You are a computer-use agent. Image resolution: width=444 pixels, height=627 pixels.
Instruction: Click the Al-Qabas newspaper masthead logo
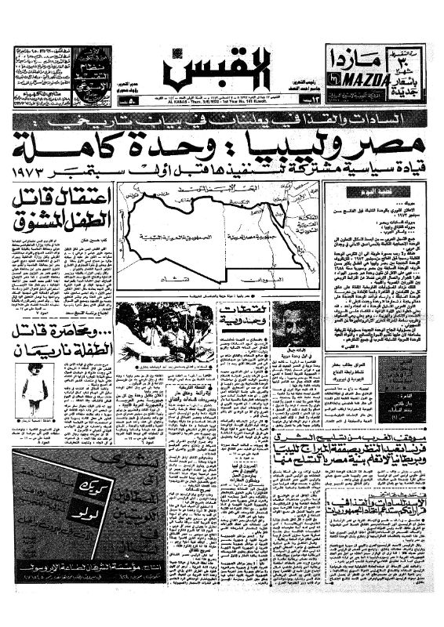tap(218, 70)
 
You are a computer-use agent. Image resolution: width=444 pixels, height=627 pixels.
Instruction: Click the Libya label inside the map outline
tap(165, 235)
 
